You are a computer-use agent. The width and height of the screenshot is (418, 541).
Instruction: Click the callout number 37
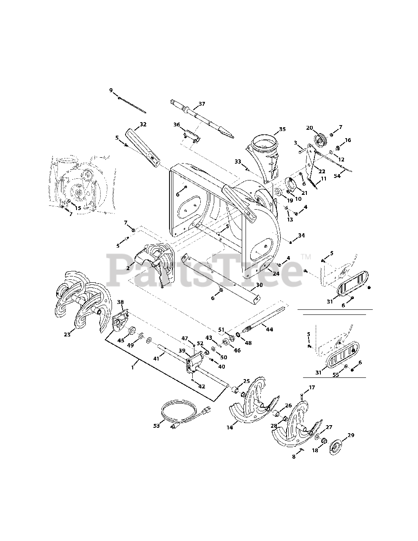202,104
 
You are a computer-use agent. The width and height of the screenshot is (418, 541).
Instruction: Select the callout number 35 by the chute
282,130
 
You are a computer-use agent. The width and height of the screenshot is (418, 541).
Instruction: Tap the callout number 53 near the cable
157,426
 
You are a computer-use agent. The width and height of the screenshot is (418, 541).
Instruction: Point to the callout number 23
67,334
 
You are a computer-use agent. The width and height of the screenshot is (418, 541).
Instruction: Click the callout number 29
351,436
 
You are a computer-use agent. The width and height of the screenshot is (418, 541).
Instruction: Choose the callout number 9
111,90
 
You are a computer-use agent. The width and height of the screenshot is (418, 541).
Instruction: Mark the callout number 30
259,285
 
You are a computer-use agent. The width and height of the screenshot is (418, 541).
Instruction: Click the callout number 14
229,428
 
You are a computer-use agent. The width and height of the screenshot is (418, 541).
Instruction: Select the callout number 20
309,128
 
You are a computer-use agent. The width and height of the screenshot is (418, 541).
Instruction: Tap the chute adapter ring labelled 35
265,142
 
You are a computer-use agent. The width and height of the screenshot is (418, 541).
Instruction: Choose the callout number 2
127,268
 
